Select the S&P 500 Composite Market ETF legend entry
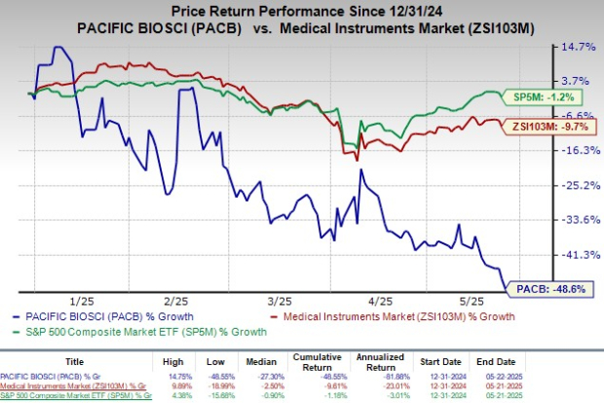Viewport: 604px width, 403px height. (142, 331)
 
